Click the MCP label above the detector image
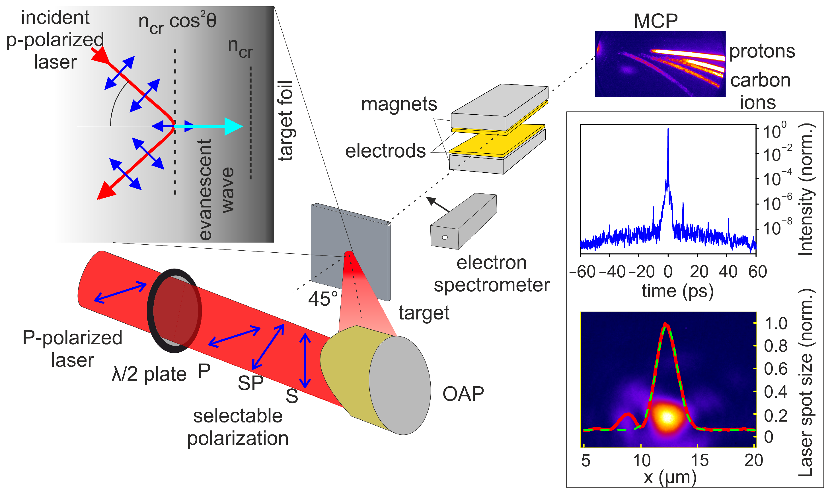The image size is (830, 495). (x=656, y=21)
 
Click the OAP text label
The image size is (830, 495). (x=463, y=394)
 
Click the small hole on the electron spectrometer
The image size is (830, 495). (x=445, y=238)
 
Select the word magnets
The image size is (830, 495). (x=399, y=104)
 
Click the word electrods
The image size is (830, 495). (x=385, y=151)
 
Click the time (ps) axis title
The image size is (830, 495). (x=677, y=291)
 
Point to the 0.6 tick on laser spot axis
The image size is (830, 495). (x=775, y=369)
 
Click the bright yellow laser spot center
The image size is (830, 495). (x=667, y=417)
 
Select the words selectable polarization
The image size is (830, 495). (x=238, y=427)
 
